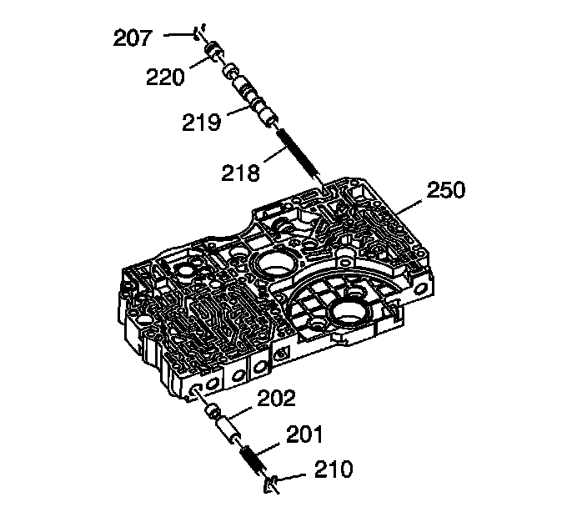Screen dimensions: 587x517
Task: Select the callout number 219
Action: (x=202, y=123)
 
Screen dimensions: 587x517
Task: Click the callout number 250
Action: (x=446, y=190)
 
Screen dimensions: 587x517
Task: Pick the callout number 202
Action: (x=275, y=399)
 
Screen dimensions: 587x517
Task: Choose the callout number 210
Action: (x=333, y=471)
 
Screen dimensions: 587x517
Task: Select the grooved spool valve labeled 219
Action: (x=248, y=99)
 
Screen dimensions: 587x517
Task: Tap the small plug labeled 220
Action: (x=214, y=53)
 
